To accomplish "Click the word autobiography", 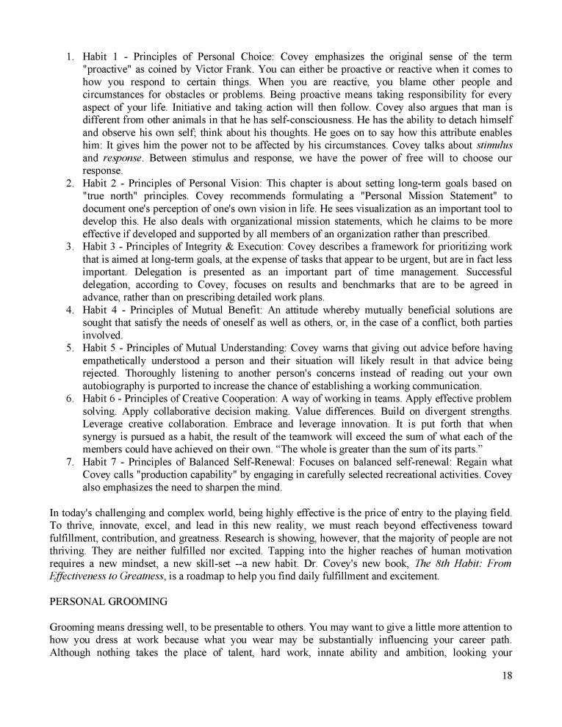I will pos(111,386).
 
